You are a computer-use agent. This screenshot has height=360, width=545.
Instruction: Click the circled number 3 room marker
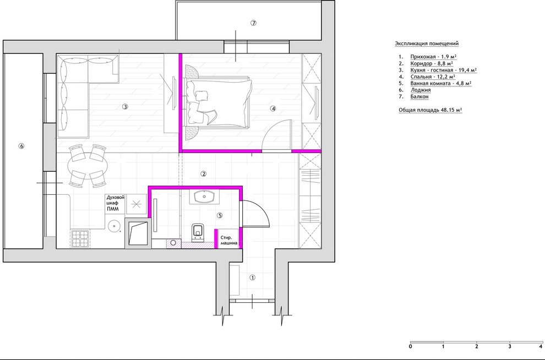point(125,107)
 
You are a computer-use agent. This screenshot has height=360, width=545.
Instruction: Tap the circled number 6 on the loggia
point(21,146)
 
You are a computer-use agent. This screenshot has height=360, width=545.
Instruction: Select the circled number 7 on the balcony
point(253,23)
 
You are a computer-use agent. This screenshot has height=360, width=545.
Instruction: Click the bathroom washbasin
point(204,197)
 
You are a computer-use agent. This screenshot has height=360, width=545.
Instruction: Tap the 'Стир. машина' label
point(228,241)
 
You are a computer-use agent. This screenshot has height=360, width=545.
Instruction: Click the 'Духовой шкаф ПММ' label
point(115,204)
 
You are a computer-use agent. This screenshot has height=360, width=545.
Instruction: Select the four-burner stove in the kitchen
point(80,238)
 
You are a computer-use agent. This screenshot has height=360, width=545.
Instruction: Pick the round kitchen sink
point(113,226)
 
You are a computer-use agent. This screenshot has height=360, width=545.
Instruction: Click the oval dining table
point(87,166)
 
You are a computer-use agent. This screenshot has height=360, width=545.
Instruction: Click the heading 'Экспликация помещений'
point(427,43)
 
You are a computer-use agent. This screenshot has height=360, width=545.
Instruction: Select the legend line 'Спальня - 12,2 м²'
point(433,77)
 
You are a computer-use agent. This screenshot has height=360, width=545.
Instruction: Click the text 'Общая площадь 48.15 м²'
point(430,110)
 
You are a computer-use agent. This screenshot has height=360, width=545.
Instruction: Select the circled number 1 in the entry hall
point(253,277)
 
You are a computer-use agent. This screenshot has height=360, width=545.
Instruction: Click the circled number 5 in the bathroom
point(219,215)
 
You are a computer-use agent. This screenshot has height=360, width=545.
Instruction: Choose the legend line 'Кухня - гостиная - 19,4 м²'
point(443,70)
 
